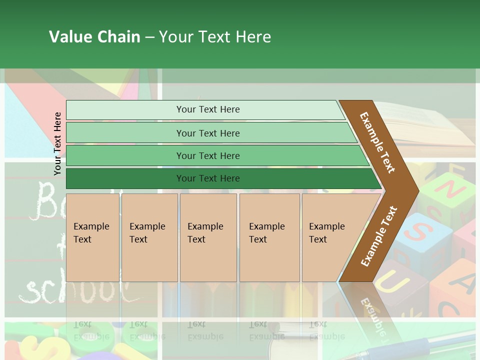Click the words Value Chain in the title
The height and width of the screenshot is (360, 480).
tap(94, 37)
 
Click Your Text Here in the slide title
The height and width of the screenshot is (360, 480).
tap(215, 37)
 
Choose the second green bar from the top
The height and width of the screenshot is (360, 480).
tap(207, 133)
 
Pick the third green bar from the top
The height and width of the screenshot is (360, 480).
tap(207, 155)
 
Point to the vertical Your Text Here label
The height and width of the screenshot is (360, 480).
tap(58, 143)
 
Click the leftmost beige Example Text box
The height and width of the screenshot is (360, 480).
tap(92, 237)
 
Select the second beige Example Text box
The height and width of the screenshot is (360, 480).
tap(149, 237)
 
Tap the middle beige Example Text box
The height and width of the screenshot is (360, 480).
tap(208, 237)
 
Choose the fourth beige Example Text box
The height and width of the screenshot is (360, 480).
tap(269, 237)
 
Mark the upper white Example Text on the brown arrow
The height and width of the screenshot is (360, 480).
tap(377, 142)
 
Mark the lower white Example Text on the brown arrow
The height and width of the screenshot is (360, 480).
tap(379, 236)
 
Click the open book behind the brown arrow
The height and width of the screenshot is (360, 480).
tap(430, 125)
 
